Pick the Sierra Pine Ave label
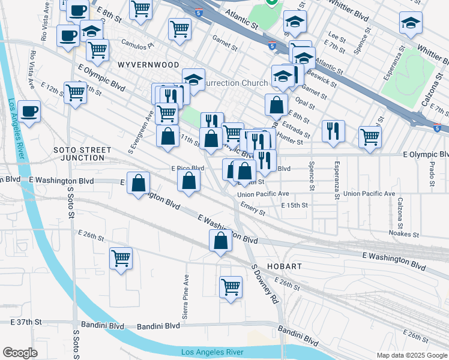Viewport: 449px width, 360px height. pyautogui.click(x=185, y=289)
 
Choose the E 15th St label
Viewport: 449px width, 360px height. pyautogui.click(x=294, y=205)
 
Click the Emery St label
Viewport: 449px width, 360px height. pyautogui.click(x=253, y=210)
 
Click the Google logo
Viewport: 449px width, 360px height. pyautogui.click(x=20, y=353)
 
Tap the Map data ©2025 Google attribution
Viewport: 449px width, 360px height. pyautogui.click(x=412, y=355)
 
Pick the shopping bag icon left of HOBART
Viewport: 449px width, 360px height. pyautogui.click(x=220, y=241)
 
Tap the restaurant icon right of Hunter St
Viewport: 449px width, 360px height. pyautogui.click(x=333, y=131)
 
